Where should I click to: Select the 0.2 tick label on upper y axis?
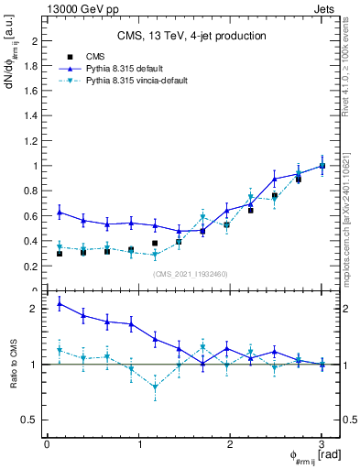(31, 267)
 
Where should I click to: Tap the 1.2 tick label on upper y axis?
(31, 141)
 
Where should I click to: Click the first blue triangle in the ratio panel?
(60, 303)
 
